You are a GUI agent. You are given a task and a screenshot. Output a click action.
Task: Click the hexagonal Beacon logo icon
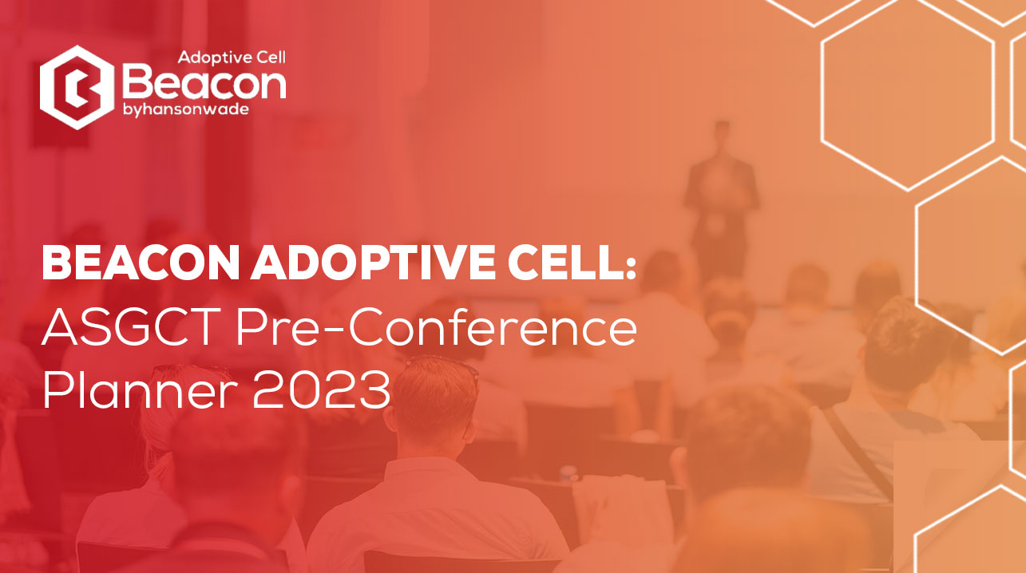coord(77,88)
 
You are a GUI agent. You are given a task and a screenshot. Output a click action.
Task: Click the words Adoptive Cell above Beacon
coord(232,58)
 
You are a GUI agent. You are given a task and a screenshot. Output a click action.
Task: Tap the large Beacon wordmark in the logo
coord(204,83)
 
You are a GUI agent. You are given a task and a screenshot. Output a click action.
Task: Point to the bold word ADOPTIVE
coord(374,263)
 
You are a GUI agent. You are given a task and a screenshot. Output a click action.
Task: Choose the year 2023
coord(322,389)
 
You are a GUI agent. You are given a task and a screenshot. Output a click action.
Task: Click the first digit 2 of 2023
coord(267,389)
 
